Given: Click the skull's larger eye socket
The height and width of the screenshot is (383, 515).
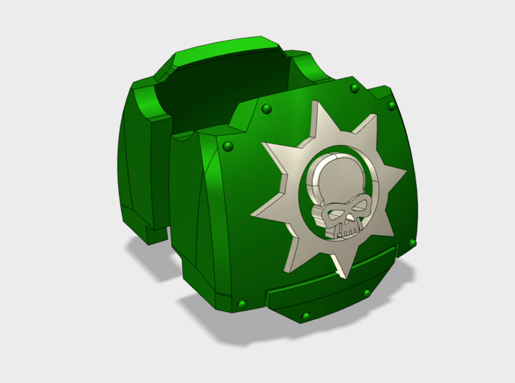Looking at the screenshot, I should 335,215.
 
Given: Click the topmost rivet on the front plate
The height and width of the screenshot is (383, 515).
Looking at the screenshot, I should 354,88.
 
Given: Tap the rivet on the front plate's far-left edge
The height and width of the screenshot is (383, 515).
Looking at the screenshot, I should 228,147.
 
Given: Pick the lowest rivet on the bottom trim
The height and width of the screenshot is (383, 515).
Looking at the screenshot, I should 305,316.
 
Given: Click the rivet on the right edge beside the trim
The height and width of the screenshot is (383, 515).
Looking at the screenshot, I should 412,242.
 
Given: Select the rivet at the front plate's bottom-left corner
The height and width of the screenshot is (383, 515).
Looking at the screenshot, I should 242,302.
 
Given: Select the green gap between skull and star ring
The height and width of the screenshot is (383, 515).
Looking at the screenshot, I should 303,199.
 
